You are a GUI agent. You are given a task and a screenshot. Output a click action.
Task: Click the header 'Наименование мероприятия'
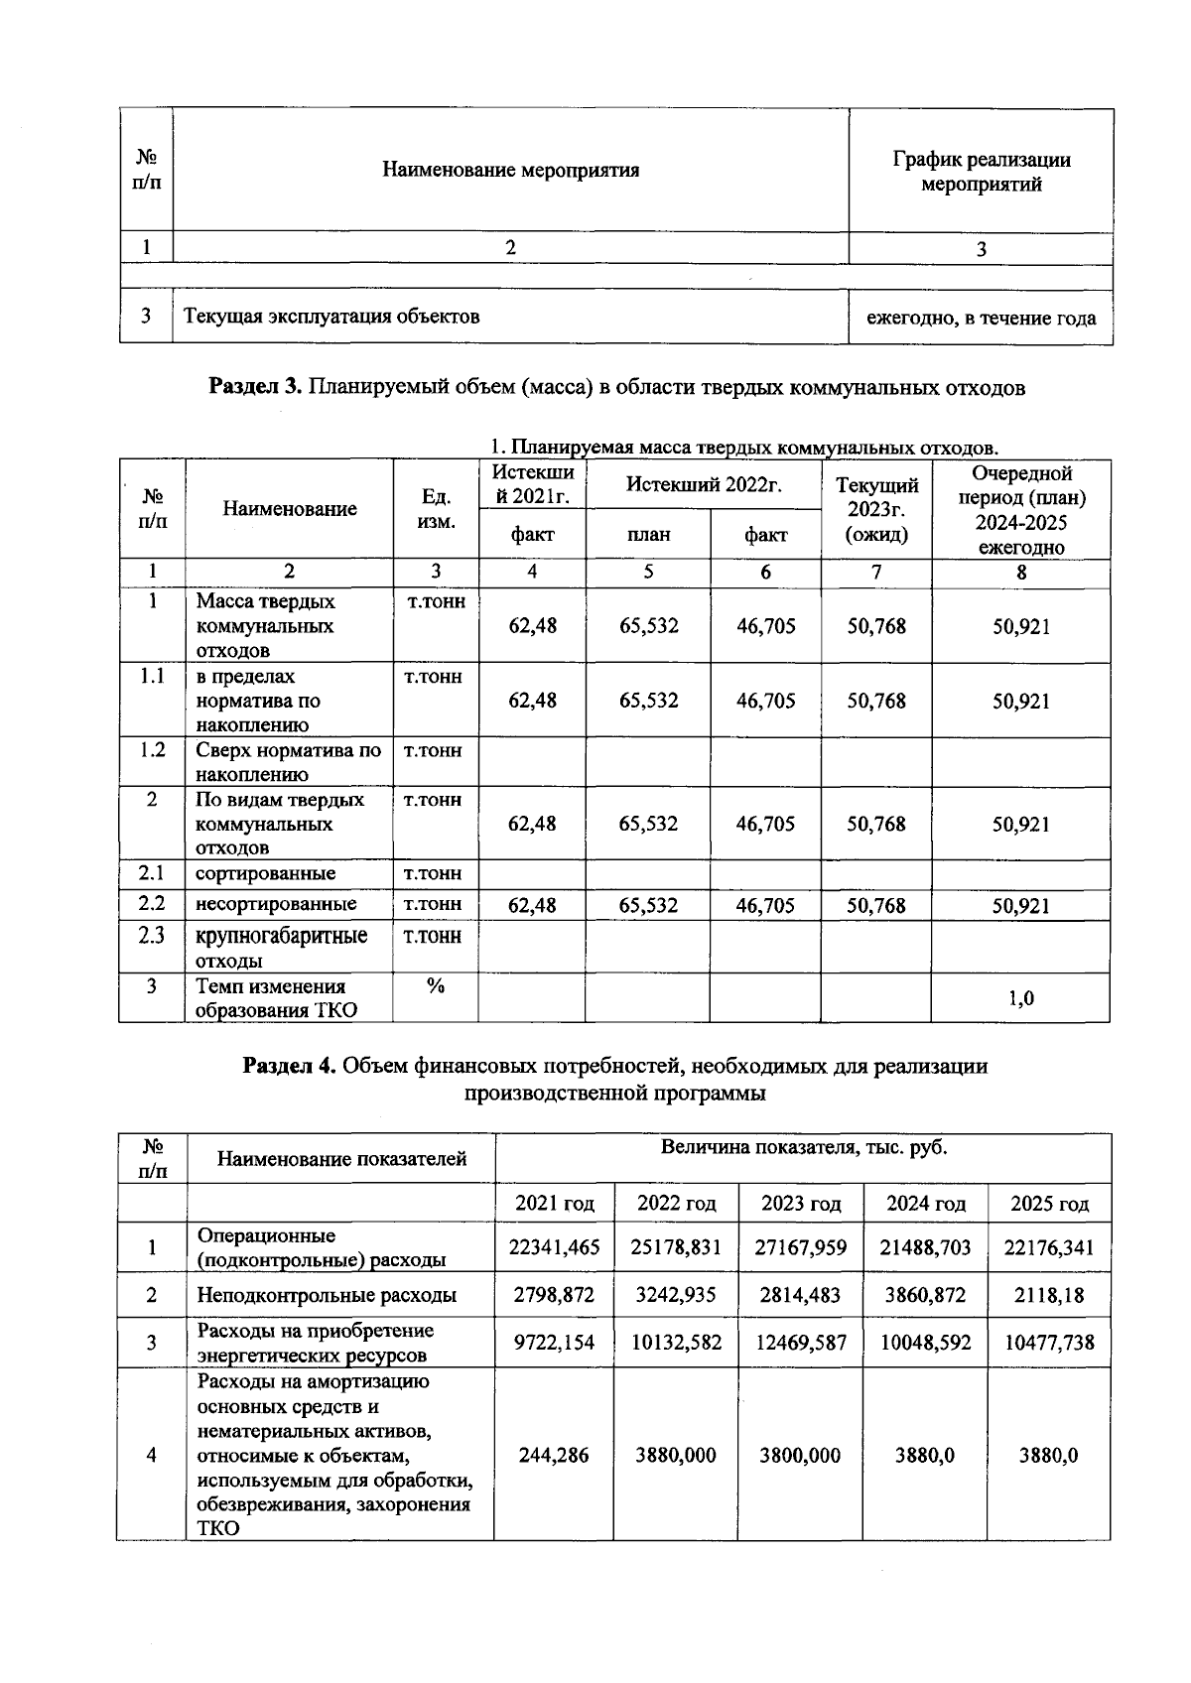(x=510, y=170)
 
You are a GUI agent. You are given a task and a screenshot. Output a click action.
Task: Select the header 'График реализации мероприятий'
(x=981, y=172)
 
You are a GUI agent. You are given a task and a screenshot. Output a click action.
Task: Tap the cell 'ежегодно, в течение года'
(x=981, y=319)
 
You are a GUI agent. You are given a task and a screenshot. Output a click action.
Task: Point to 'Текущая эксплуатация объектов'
(x=331, y=317)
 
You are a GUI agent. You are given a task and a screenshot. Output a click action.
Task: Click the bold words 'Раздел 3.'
(x=255, y=387)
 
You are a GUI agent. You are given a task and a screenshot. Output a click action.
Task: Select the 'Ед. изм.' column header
(x=436, y=508)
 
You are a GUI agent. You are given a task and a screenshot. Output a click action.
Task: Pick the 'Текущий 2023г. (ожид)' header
(x=876, y=509)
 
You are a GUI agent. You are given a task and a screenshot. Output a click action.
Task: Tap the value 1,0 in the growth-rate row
(x=1021, y=998)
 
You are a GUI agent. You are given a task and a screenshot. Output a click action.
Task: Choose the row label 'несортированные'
(x=276, y=904)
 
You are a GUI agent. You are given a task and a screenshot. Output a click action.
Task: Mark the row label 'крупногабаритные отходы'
(x=281, y=948)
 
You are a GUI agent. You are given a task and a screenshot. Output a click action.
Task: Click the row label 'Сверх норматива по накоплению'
(x=288, y=762)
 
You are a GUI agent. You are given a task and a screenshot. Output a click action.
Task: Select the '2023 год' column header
(x=800, y=1204)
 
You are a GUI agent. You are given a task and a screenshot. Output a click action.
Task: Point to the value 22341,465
(x=554, y=1247)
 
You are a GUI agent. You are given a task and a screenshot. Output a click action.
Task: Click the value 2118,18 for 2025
(x=1049, y=1295)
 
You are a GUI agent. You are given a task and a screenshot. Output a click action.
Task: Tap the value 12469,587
(x=800, y=1343)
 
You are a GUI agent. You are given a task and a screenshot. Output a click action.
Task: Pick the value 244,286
(x=554, y=1455)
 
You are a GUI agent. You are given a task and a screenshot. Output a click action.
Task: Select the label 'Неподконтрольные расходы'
(x=327, y=1295)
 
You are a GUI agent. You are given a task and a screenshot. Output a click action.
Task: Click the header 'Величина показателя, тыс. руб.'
(x=804, y=1148)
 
